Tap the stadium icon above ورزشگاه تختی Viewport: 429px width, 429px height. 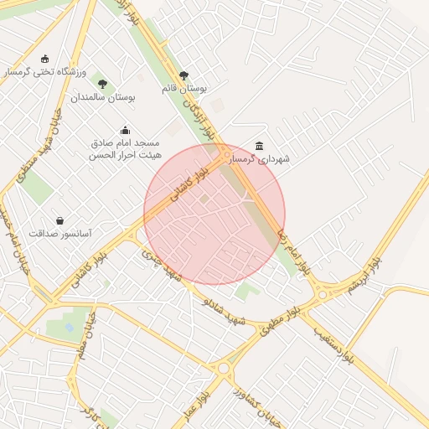(44, 59)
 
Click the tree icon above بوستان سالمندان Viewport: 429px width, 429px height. (102, 84)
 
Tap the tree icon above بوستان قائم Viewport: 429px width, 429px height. (183, 75)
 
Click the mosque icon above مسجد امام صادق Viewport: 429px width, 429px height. (125, 130)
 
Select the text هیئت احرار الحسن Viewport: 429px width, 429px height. (126, 155)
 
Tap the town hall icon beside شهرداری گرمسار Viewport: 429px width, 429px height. (258, 145)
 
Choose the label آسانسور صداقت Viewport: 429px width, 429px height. (60, 234)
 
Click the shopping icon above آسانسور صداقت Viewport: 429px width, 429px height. (59, 220)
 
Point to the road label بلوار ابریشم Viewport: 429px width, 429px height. (359, 277)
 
